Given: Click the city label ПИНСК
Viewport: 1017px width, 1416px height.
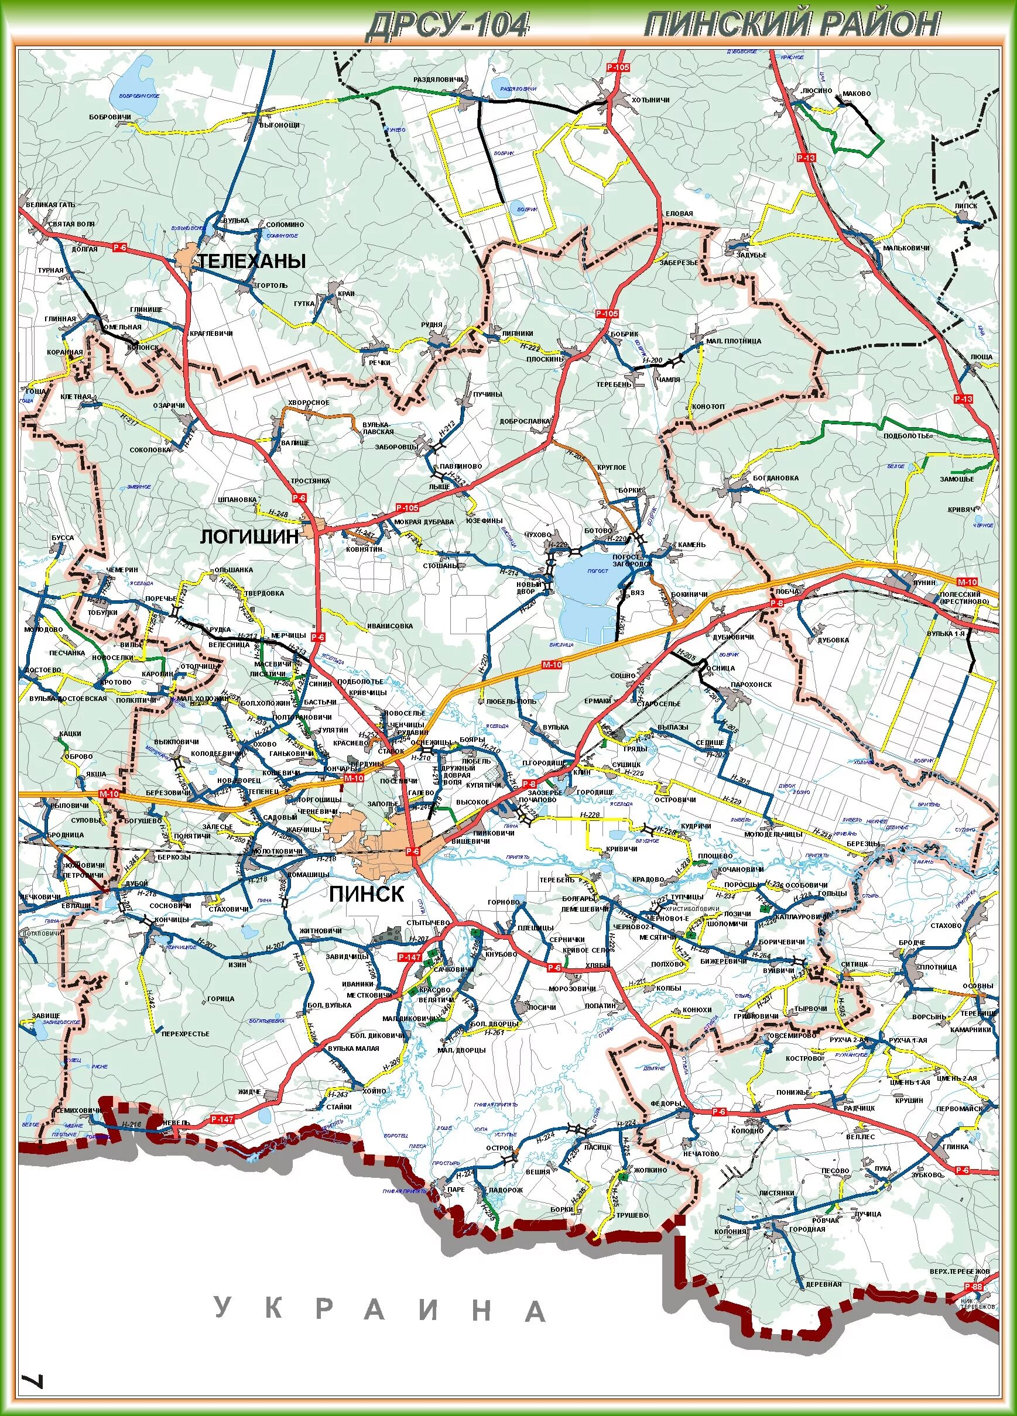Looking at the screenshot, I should [367, 893].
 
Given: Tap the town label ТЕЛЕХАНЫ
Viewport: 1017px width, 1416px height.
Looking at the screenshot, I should [252, 261].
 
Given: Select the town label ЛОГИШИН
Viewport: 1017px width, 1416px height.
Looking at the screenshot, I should [249, 537].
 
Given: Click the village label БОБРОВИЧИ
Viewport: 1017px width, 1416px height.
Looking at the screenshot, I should [110, 117].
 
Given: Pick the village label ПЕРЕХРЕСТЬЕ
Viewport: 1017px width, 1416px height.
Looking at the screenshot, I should [185, 1033].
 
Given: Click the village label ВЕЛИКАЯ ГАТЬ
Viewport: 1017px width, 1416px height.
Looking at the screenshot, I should [50, 204].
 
